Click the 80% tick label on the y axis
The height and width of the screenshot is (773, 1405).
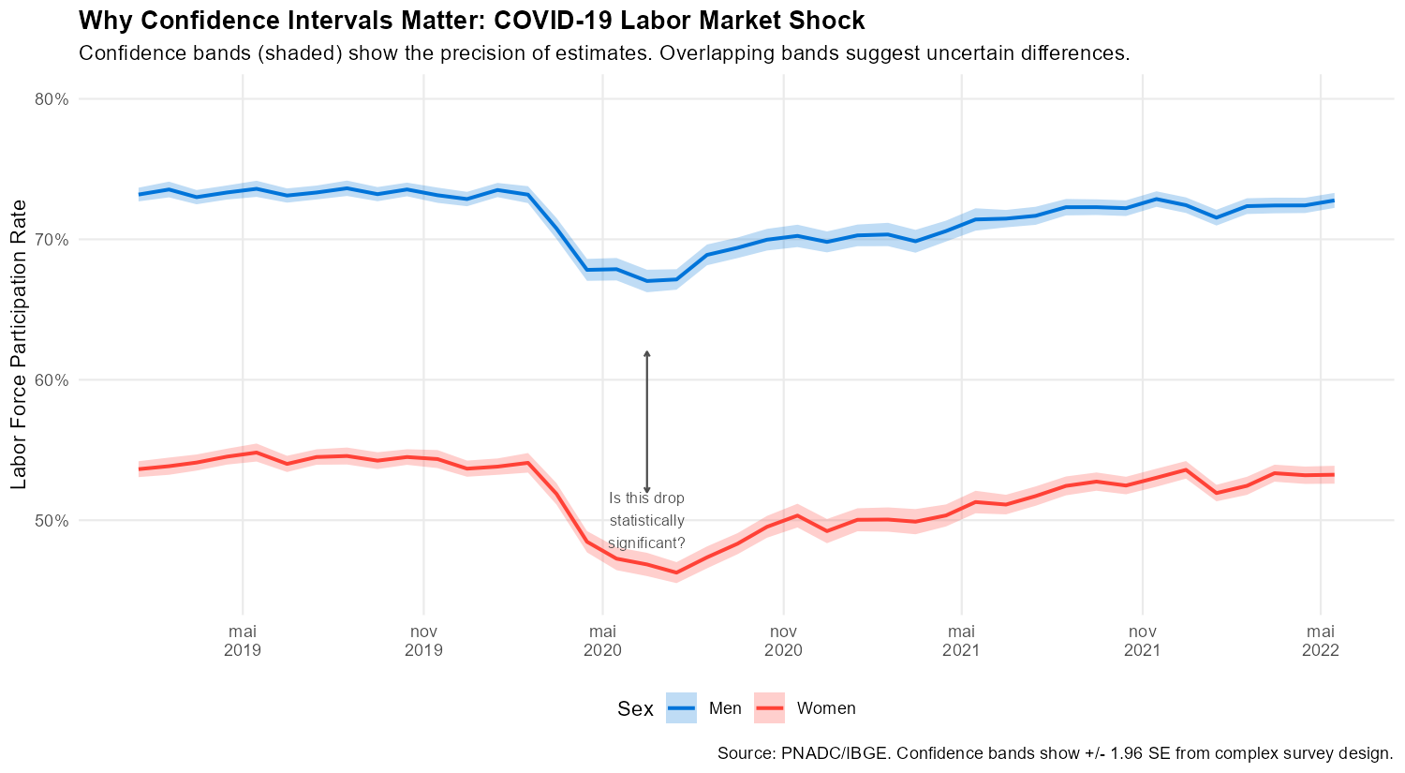(52, 99)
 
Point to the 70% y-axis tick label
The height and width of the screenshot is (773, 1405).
(52, 240)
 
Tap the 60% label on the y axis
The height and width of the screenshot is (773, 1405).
(52, 380)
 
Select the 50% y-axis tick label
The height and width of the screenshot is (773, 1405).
(52, 521)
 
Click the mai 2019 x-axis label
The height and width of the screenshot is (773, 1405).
(243, 639)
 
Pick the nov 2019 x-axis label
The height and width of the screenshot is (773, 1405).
(423, 639)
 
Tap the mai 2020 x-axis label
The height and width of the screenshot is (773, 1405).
(602, 639)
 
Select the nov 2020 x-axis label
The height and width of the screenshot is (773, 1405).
(783, 639)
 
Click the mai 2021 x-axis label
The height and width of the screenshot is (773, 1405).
(961, 639)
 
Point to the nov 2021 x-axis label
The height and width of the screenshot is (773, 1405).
(1142, 639)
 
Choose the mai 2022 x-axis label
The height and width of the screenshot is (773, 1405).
(1320, 639)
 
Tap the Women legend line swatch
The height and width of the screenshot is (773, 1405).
(769, 708)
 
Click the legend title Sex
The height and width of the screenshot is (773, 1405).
(635, 709)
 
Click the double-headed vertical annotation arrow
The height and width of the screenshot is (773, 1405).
(646, 422)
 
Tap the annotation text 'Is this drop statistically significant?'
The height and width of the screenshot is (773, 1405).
(646, 521)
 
